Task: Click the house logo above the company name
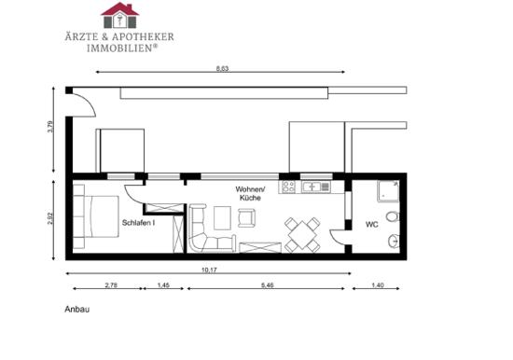pyautogui.click(x=119, y=15)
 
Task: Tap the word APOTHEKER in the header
pyautogui.click(x=143, y=36)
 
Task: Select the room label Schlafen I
pyautogui.click(x=138, y=223)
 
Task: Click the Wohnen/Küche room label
pyautogui.click(x=250, y=193)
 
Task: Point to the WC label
pyautogui.click(x=372, y=225)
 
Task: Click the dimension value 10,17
pyautogui.click(x=209, y=270)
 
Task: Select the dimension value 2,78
pyautogui.click(x=111, y=285)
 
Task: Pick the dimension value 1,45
pyautogui.click(x=163, y=285)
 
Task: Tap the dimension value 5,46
pyautogui.click(x=268, y=285)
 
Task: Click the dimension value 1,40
pyautogui.click(x=378, y=285)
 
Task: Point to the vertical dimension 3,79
pyautogui.click(x=49, y=127)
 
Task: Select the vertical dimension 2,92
pyautogui.click(x=49, y=218)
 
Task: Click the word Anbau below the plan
pyautogui.click(x=76, y=310)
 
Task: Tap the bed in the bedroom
pyautogui.click(x=95, y=216)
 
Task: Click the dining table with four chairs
pyautogui.click(x=302, y=235)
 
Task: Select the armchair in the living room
pyautogui.click(x=246, y=217)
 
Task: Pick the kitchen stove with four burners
pyautogui.click(x=288, y=187)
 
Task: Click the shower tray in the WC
pyautogui.click(x=388, y=191)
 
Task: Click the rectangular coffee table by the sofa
pyautogui.click(x=223, y=218)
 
